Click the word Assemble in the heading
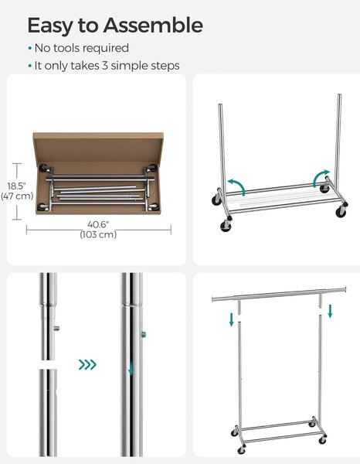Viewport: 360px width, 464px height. click(x=153, y=26)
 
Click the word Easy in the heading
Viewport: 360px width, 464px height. click(x=49, y=26)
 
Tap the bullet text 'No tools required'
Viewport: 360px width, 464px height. click(x=82, y=48)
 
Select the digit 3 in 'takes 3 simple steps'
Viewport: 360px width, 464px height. click(x=105, y=66)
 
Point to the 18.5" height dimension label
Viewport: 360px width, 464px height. click(x=16, y=186)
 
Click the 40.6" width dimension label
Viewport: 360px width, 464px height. click(x=98, y=224)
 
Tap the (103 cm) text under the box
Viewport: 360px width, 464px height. click(x=98, y=234)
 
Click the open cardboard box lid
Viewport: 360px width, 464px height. click(x=98, y=147)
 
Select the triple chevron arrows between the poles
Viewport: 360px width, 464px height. click(x=87, y=364)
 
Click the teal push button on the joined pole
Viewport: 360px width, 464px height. click(x=144, y=335)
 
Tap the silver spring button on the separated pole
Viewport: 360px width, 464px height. click(x=56, y=328)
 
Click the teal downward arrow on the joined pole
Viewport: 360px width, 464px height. click(x=131, y=369)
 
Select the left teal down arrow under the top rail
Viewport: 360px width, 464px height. click(x=232, y=319)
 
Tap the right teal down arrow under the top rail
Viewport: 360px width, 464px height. click(x=330, y=312)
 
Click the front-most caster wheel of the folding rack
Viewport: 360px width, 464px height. click(x=226, y=226)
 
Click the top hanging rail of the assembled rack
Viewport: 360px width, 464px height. click(x=279, y=294)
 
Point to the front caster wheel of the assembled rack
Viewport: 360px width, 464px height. click(x=242, y=451)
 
